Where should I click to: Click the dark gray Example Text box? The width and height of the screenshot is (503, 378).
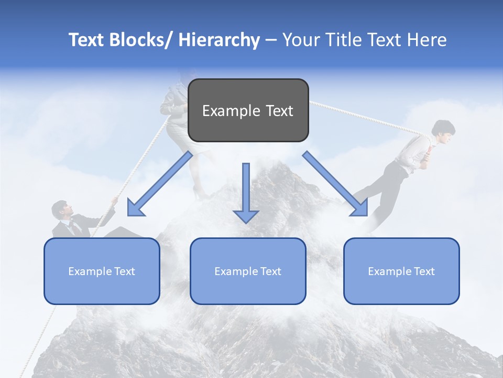pos(248,110)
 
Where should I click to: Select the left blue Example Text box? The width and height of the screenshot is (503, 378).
pos(102,271)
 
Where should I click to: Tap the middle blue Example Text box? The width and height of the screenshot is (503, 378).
pos(248,271)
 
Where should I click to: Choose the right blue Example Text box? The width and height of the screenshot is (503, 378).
pos(401,271)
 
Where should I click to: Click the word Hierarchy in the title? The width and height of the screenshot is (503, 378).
pos(219,40)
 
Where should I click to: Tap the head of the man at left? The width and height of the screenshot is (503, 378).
pos(60,210)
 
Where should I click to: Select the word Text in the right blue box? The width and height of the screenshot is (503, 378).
pos(423,271)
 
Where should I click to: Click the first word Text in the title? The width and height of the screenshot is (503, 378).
pos(86,40)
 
